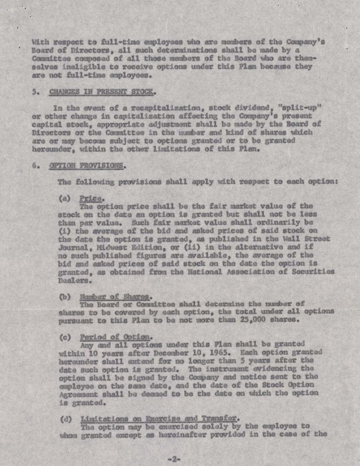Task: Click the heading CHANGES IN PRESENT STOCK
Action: (x=102, y=92)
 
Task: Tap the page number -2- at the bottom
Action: (x=174, y=459)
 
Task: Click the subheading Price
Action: (x=91, y=198)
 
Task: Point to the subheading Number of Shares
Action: (x=114, y=297)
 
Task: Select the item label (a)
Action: (x=65, y=199)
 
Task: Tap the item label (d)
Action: (x=66, y=419)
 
